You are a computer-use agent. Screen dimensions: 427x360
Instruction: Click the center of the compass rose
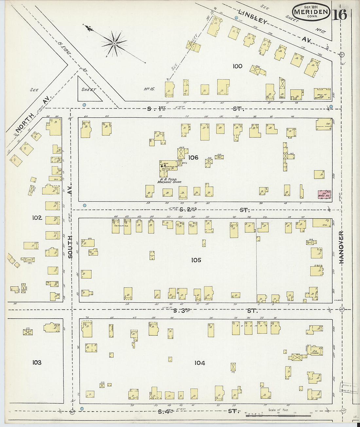(114, 43)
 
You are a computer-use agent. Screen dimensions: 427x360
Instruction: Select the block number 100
(237, 66)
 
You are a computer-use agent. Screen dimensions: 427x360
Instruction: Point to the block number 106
(193, 158)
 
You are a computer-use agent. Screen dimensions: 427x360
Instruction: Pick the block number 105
(196, 260)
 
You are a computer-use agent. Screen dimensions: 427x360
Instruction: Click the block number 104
(200, 363)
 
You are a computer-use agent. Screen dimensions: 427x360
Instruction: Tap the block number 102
(37, 218)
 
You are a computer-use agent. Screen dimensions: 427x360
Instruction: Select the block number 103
(37, 362)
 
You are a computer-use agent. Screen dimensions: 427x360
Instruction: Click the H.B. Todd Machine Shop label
(169, 180)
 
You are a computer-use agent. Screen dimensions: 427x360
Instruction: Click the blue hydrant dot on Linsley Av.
(237, 17)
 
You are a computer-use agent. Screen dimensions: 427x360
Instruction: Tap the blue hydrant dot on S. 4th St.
(82, 408)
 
